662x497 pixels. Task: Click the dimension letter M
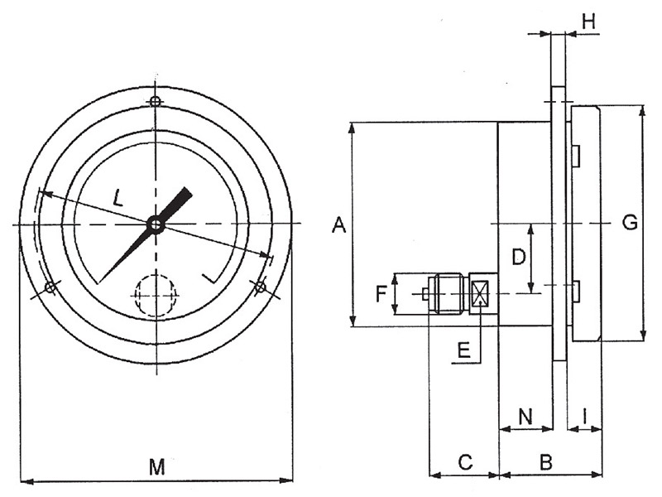coord(157,467)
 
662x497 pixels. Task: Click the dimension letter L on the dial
coord(118,197)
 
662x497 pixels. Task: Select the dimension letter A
coord(338,224)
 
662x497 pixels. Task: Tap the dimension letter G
coord(630,223)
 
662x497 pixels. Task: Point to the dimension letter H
coord(588,21)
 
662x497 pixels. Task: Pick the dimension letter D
coord(519,257)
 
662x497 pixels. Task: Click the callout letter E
coord(463,350)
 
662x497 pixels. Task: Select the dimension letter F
coord(381,294)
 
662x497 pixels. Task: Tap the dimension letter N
coord(525,417)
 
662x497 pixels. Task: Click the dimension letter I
coord(585,417)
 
